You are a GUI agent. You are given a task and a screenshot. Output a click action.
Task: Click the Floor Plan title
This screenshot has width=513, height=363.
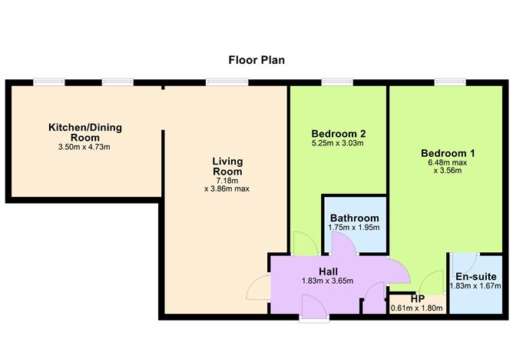256,59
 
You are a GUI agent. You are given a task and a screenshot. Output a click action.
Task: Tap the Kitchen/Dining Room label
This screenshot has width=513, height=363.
85,132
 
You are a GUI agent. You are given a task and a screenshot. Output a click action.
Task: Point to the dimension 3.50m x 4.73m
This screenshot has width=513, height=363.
85,147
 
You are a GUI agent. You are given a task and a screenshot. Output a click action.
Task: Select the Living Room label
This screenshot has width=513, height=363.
227,166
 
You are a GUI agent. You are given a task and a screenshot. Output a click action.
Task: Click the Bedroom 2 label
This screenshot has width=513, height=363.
338,132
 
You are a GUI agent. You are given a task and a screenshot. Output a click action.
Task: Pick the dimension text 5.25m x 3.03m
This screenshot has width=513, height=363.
338,143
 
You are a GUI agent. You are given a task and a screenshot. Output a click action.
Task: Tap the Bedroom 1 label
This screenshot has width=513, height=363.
448,154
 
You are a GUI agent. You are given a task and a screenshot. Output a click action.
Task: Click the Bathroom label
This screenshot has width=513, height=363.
354,218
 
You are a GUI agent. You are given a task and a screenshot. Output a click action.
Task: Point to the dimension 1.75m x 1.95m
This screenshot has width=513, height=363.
354,228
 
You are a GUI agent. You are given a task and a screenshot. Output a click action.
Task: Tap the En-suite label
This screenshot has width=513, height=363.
476,276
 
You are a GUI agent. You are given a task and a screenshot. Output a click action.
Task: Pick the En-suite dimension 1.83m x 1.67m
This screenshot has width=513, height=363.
476,287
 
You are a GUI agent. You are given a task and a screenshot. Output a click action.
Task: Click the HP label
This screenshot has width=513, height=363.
418,298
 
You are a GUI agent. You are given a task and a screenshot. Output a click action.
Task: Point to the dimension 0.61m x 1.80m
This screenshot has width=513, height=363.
418,309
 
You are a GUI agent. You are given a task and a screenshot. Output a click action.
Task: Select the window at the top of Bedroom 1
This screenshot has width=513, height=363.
446,82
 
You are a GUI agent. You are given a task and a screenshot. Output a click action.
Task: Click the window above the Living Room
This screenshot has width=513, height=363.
217,82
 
